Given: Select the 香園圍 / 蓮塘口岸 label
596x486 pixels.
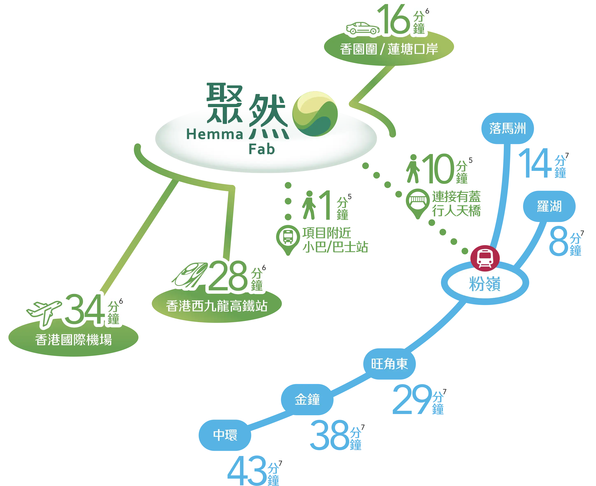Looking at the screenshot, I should click(x=389, y=49).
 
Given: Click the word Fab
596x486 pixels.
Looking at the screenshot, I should click(x=262, y=150).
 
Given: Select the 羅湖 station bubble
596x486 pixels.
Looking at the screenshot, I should click(x=549, y=206).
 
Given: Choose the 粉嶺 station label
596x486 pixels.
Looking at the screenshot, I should click(x=485, y=284).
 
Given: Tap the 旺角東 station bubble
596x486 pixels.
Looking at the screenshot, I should click(x=389, y=364).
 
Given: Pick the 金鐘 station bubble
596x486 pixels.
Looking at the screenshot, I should click(x=307, y=399).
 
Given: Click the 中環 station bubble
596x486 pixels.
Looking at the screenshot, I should click(x=225, y=435).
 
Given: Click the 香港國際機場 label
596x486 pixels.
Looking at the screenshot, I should click(x=73, y=340).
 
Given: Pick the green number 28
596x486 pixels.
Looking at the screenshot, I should click(x=227, y=276).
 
